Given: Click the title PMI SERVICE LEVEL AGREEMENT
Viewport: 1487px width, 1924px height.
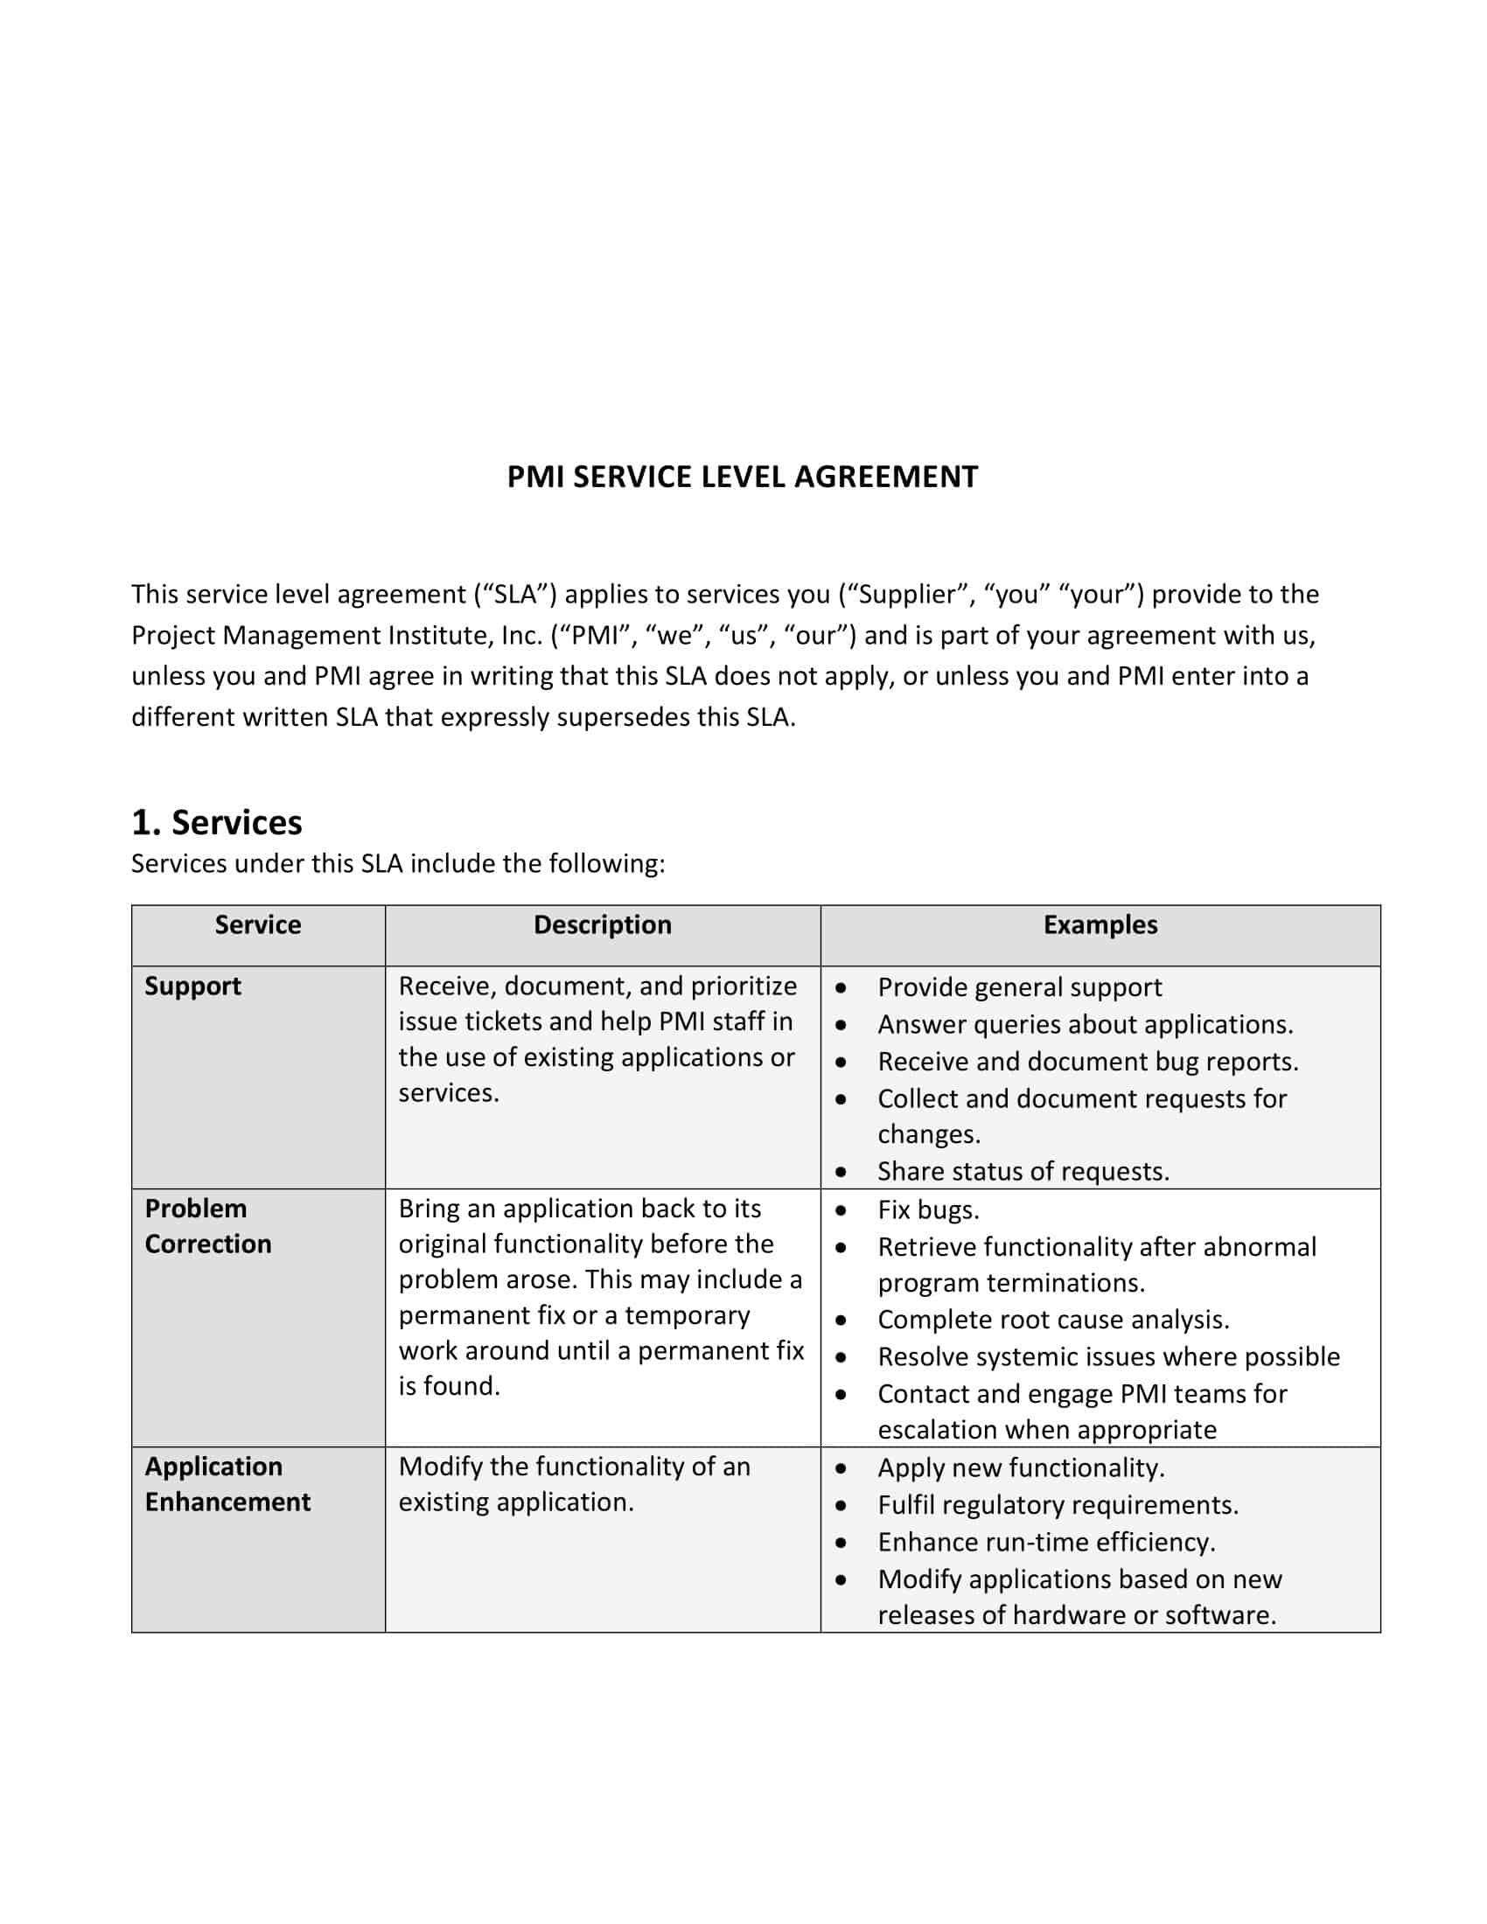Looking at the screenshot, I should point(742,477).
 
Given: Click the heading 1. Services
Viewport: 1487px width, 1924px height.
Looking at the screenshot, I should point(217,822).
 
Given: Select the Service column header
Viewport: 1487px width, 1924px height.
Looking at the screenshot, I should point(258,924).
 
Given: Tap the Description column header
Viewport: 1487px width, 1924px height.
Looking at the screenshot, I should point(603,924).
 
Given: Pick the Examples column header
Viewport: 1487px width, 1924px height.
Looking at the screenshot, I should point(1100,924).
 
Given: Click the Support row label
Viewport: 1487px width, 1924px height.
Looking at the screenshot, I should point(193,986).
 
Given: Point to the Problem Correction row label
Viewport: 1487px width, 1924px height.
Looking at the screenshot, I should point(208,1225).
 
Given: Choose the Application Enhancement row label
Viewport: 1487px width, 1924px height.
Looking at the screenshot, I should point(227,1483).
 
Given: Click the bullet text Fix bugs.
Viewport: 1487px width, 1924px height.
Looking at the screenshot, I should point(928,1209).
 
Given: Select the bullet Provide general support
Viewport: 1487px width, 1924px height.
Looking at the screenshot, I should point(1019,986).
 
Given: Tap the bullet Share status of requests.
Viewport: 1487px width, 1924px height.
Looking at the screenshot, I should point(1023,1171).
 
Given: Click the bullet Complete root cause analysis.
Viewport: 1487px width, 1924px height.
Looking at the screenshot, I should point(1052,1319).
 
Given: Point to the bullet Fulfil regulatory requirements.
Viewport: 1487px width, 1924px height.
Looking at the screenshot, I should point(1058,1505).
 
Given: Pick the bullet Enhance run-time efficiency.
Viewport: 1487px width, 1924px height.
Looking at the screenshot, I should point(1046,1542).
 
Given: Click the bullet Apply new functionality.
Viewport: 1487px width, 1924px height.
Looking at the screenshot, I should point(1021,1467).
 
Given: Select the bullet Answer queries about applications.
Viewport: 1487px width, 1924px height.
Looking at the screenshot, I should point(1086,1024).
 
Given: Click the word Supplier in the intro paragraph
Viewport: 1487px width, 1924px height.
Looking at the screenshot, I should point(906,595).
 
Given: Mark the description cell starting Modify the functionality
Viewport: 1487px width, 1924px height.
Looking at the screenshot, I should point(575,1483).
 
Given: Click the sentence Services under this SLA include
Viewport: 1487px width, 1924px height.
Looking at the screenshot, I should point(398,863).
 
